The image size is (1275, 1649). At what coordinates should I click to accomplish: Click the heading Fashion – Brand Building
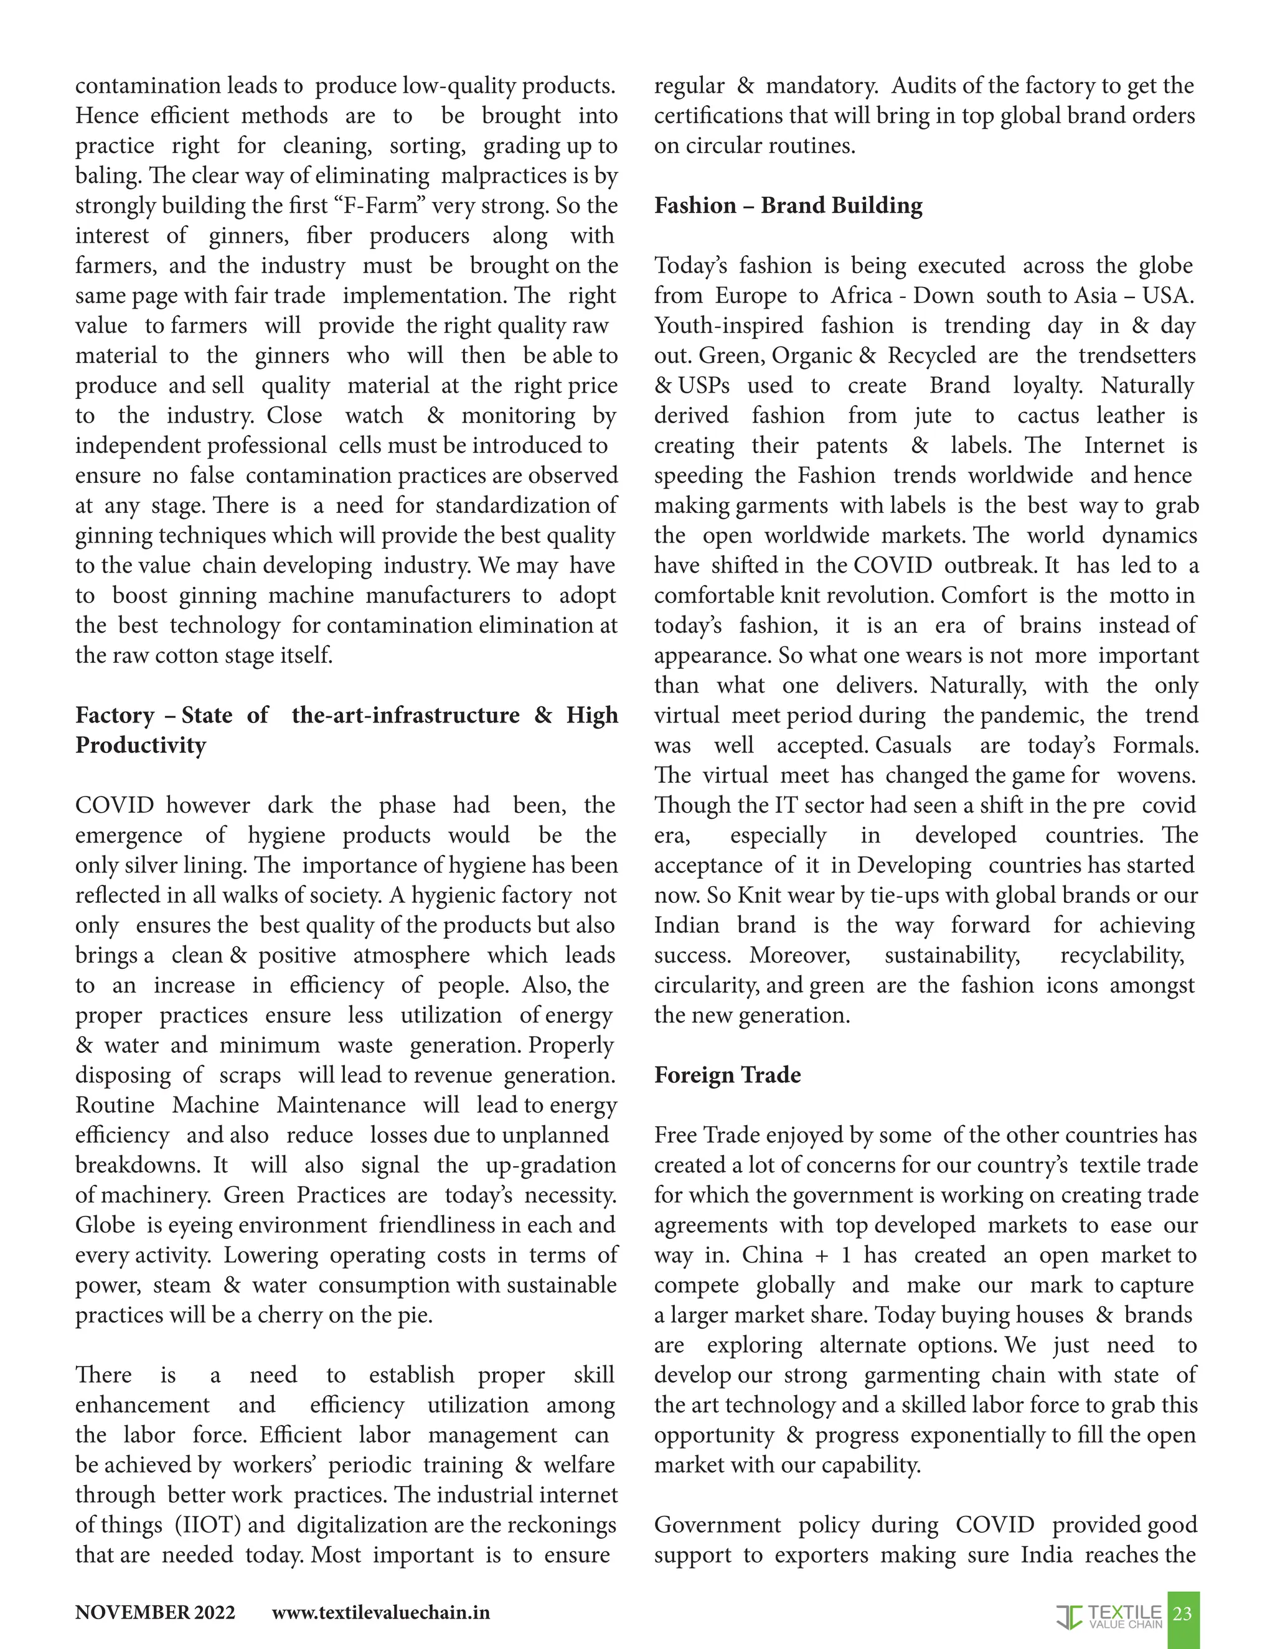(x=788, y=206)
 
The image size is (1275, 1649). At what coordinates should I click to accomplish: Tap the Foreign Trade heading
(x=727, y=1075)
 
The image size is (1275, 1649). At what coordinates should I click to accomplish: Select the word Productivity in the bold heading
(x=141, y=746)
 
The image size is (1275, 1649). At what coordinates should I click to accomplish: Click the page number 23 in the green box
(x=1182, y=1614)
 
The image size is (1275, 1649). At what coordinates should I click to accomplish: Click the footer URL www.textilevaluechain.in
(x=380, y=1613)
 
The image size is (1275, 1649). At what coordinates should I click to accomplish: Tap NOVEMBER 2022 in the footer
(x=155, y=1613)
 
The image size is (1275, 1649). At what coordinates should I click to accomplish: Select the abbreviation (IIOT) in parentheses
(x=208, y=1525)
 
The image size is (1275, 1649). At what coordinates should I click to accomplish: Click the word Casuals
(x=913, y=746)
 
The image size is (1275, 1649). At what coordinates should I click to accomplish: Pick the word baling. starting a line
(x=108, y=176)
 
